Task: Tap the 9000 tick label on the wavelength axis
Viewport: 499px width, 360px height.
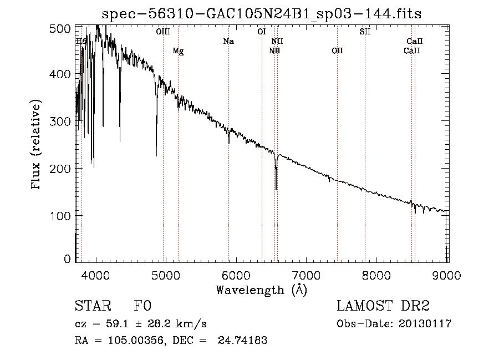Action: click(x=448, y=275)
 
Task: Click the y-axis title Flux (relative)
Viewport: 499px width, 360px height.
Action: click(x=37, y=145)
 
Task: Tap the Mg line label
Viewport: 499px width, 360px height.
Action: click(x=178, y=51)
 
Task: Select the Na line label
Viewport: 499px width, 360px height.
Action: click(x=228, y=41)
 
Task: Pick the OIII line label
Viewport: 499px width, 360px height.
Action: click(x=163, y=32)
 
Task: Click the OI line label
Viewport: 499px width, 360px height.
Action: click(x=262, y=32)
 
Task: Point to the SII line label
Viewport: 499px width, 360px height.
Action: click(x=365, y=32)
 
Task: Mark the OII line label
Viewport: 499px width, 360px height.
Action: click(x=337, y=51)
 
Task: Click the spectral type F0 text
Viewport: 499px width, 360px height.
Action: click(x=142, y=306)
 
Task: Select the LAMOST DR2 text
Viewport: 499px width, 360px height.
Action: click(x=383, y=306)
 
